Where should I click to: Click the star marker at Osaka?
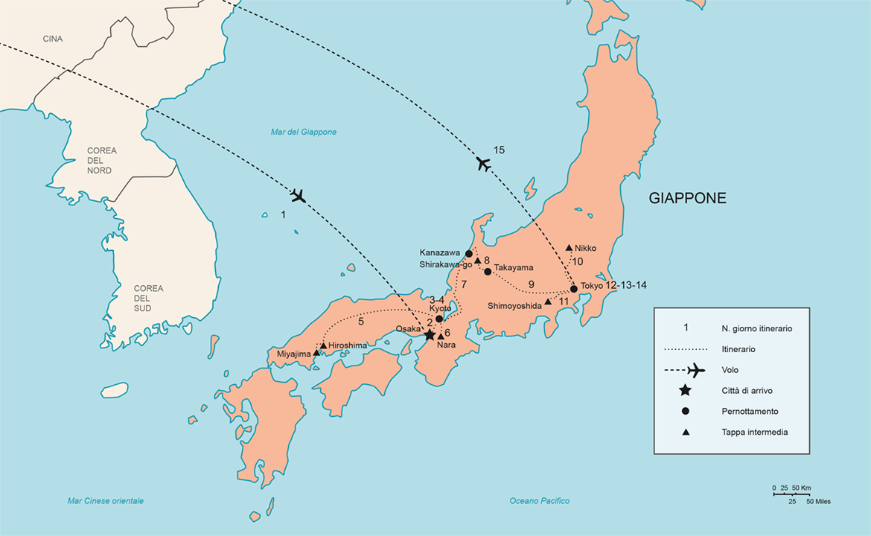coord(430,335)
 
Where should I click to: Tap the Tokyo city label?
coord(592,286)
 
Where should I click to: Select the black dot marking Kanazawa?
coord(469,253)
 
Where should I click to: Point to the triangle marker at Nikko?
coord(569,248)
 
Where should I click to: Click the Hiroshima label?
coord(348,345)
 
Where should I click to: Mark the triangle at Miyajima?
coord(316,353)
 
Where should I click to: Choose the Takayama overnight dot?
coord(488,272)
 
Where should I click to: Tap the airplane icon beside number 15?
coord(484,164)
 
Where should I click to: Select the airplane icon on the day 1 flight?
coord(299,196)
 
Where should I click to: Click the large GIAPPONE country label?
coord(687,199)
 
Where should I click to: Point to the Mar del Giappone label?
coord(303,132)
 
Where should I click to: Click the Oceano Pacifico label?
coord(540,501)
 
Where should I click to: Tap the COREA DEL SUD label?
coord(148,299)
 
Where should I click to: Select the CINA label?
coord(53,39)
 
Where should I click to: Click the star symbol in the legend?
coord(686,391)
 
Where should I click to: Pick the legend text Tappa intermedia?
coord(754,432)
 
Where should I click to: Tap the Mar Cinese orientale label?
coord(105,501)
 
